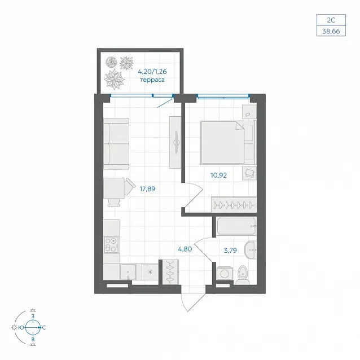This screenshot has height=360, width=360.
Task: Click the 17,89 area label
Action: tap(147, 189)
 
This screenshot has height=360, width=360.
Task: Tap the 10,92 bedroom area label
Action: tap(218, 175)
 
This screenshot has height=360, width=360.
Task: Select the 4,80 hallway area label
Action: tap(185, 249)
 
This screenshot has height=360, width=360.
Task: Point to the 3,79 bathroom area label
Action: tap(230, 251)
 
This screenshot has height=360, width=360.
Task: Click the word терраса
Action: tap(152, 80)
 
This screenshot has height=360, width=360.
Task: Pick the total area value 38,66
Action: tap(331, 31)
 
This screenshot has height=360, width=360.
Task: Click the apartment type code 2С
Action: tap(331, 20)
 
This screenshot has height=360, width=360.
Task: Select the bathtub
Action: tap(237, 226)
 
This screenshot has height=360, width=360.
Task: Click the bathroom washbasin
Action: tap(251, 250)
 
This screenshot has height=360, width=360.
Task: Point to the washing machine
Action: tap(225, 273)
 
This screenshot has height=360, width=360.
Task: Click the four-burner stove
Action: tap(112, 244)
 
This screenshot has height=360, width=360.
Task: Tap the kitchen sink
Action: tap(128, 272)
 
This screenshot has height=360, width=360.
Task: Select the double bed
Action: tap(228, 143)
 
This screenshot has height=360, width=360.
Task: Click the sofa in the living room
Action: tap(116, 144)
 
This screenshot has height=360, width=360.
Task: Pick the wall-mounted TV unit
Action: tap(175, 142)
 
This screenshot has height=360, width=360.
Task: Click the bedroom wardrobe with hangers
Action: tap(234, 204)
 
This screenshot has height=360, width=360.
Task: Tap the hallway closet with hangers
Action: tap(170, 272)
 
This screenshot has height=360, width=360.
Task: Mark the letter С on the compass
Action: tap(44, 328)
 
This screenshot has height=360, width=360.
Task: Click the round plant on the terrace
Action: tap(111, 62)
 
